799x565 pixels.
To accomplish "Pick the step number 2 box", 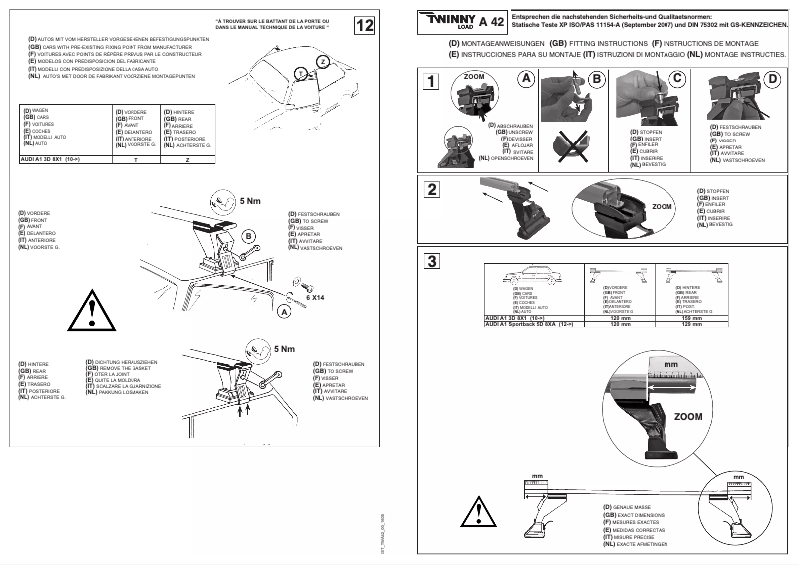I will (430, 189).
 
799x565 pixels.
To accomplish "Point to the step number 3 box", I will (430, 262).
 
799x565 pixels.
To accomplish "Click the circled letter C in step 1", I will (677, 78).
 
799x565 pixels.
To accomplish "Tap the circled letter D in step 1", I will (773, 78).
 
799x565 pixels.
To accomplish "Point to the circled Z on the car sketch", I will (322, 62).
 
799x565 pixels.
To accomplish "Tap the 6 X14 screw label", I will (315, 297).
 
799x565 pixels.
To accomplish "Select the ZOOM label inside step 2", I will (662, 206).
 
